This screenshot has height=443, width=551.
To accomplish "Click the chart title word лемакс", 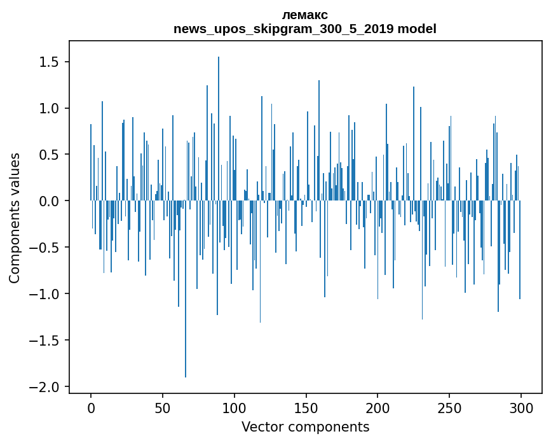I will [x=305, y=15].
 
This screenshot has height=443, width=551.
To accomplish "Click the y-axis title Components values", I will [x=15, y=218].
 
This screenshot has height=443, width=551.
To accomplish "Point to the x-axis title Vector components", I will [x=305, y=426].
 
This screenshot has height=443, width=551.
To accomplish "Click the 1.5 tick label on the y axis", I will [x=49, y=62].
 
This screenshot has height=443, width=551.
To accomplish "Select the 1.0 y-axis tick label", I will [x=49, y=109].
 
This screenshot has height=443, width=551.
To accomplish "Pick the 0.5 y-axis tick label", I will [x=49, y=155].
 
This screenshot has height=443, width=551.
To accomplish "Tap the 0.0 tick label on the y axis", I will [x=49, y=201].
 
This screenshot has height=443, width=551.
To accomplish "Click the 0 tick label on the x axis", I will [x=91, y=407].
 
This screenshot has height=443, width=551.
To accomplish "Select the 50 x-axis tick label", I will [x=163, y=407].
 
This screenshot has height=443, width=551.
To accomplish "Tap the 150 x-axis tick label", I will [x=306, y=407].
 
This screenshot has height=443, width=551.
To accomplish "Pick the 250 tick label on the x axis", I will [x=449, y=407].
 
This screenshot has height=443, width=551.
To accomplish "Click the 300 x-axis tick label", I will [x=521, y=407].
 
